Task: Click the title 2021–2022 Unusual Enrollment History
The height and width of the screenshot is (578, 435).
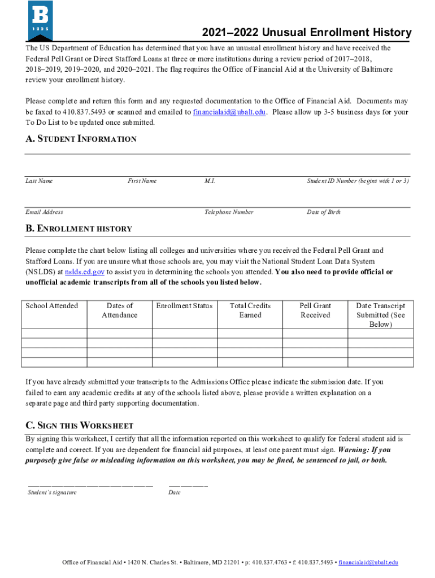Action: pos(307,33)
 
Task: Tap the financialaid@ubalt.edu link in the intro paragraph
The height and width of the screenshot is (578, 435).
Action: pos(230,112)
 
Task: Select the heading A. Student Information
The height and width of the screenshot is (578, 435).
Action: pos(81,139)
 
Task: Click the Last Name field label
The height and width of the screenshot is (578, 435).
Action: pos(39,181)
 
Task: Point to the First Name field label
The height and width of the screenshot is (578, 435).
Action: pos(142,181)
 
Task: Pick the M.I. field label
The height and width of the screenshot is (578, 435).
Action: pos(210,181)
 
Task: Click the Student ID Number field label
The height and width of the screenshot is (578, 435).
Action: pos(358,181)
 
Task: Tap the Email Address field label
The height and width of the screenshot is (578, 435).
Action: pos(44,212)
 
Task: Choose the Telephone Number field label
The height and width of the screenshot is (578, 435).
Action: pos(229,212)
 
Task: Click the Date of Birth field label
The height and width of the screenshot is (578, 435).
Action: pos(324,212)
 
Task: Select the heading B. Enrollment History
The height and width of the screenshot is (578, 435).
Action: pos(79,229)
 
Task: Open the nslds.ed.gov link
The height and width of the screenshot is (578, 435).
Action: pos(85,272)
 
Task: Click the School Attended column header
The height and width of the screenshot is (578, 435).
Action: pos(52,306)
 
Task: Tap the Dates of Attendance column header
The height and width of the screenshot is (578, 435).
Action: pos(119,310)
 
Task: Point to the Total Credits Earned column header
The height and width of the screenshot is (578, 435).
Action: pos(250,310)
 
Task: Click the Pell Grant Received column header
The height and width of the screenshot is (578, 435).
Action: pos(315,310)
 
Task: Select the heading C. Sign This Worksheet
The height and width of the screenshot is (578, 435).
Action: pos(79,425)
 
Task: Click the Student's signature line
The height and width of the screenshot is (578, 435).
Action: pos(90,485)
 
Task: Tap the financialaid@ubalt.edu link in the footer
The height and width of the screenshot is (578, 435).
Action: pos(368,562)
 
